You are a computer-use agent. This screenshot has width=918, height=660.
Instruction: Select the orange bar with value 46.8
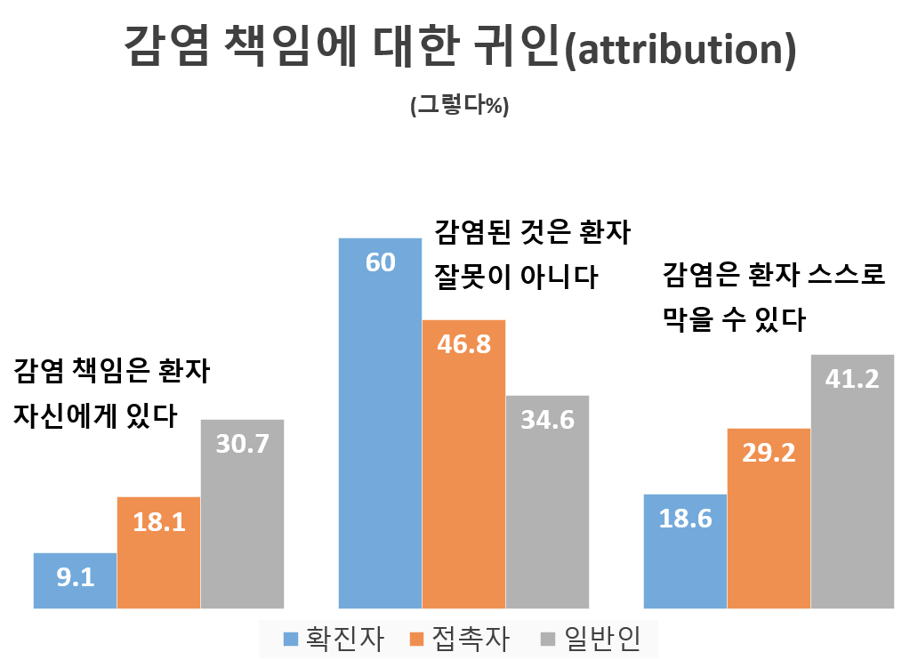[x=463, y=463]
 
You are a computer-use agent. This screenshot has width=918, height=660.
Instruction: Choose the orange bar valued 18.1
[x=158, y=552]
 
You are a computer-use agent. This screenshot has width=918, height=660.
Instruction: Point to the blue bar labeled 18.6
[x=685, y=551]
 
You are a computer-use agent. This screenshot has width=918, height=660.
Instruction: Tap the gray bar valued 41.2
[x=852, y=481]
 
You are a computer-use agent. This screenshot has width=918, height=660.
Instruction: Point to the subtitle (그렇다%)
[x=458, y=105]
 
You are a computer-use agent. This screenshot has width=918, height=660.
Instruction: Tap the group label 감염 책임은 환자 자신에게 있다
[x=111, y=392]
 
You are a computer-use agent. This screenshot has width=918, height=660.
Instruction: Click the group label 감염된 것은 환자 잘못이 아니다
[x=531, y=255]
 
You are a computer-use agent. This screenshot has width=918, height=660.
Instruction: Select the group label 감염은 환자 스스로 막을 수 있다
[x=774, y=296]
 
